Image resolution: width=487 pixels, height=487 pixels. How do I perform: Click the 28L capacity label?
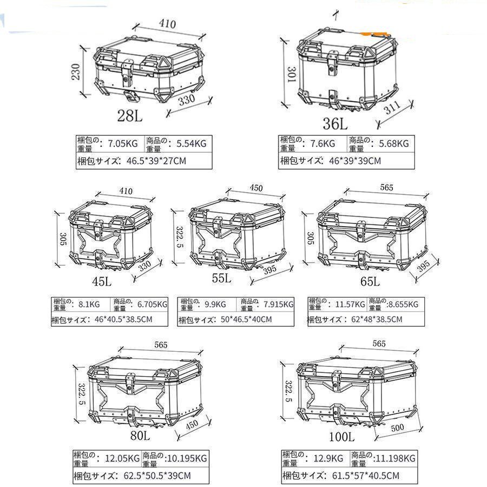point(130,115)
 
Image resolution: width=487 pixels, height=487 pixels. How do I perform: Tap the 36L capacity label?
point(335,123)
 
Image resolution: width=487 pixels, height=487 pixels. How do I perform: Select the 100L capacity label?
point(341,436)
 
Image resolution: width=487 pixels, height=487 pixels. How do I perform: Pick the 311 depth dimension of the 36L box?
point(393,109)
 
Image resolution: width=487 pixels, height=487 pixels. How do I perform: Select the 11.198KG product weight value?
point(396,458)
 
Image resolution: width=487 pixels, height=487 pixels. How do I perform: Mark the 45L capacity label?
point(102,282)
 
